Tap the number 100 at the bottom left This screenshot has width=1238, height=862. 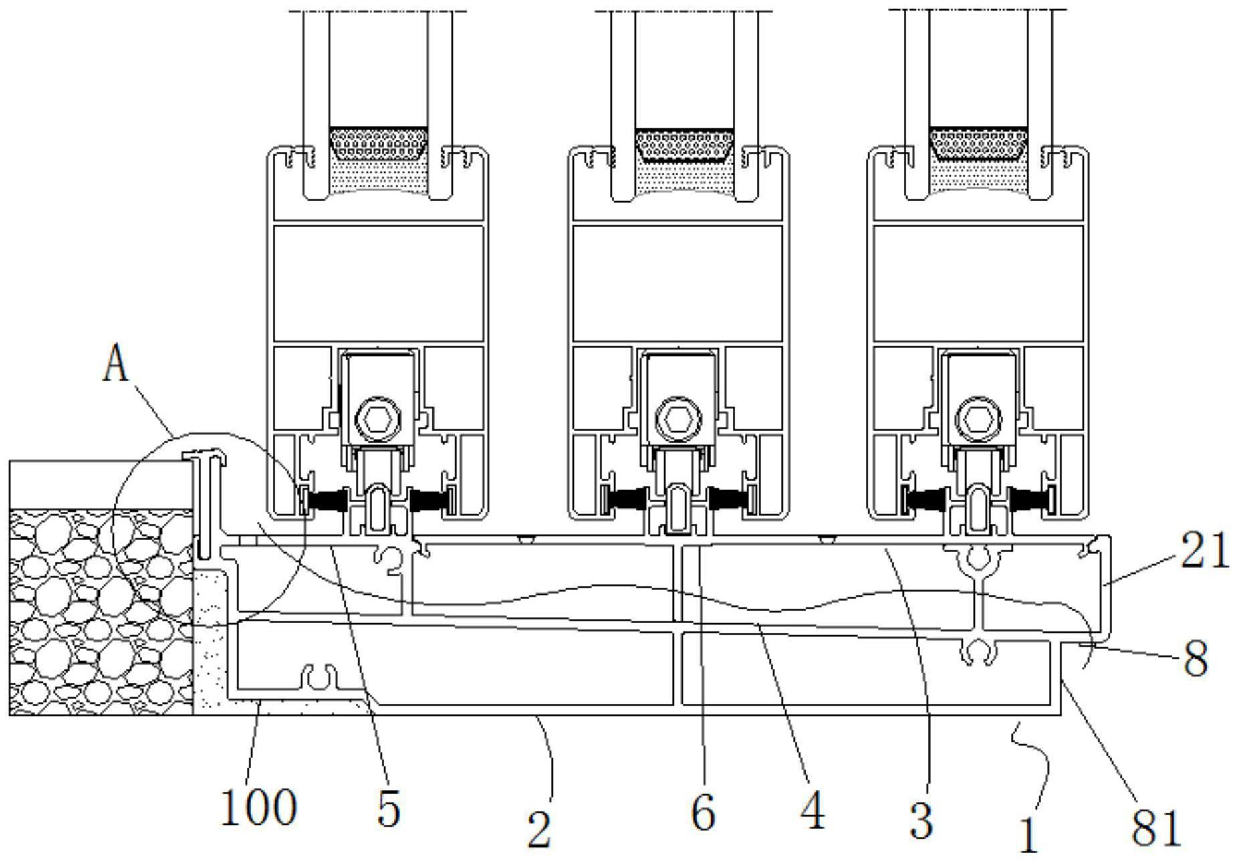click(258, 807)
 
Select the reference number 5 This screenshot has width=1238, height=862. click(388, 809)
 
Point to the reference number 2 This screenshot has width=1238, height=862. click(539, 829)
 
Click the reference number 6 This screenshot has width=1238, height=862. click(703, 812)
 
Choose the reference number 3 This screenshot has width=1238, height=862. click(921, 819)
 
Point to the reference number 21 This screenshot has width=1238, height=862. click(1205, 550)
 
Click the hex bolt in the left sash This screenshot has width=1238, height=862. click(378, 421)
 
